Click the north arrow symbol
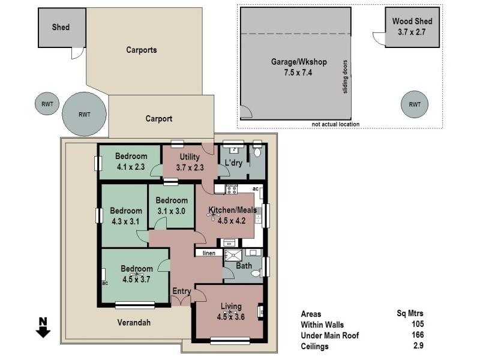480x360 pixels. (x=43, y=329)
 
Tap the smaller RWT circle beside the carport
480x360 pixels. (x=47, y=104)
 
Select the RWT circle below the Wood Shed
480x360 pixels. (x=415, y=104)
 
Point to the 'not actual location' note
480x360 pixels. (x=335, y=124)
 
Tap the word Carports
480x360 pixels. (x=142, y=50)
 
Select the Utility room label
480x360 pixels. (x=190, y=157)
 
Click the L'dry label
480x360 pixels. (x=233, y=163)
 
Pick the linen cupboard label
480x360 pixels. (x=208, y=253)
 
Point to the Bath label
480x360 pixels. (x=244, y=265)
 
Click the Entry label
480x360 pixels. (x=181, y=292)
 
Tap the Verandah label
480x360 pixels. (x=133, y=322)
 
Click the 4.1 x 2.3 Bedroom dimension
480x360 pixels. (x=130, y=169)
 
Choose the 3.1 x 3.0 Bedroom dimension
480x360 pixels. (x=171, y=211)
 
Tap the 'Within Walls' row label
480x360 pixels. (x=322, y=325)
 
